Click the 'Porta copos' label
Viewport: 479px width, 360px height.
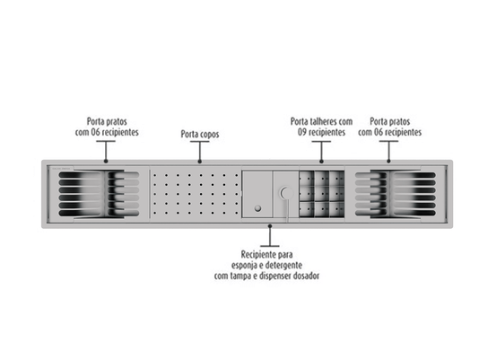coord(200,134)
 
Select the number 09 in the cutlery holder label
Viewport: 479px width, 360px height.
coord(301,132)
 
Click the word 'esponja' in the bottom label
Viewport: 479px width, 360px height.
coord(242,266)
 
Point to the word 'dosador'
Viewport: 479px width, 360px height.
coord(306,276)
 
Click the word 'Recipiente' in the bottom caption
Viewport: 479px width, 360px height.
coord(258,254)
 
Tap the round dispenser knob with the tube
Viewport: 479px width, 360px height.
coord(286,193)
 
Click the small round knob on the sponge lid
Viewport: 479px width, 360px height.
coord(257,208)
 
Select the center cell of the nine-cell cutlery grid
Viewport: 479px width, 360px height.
coord(322,194)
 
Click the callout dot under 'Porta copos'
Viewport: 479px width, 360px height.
coord(200,162)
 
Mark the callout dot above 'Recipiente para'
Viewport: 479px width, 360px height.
coord(270,226)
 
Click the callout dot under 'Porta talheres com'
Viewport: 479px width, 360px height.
coord(321,162)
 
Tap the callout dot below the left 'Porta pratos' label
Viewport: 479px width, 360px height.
coord(106,162)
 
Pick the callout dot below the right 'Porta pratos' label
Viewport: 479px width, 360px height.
coord(388,162)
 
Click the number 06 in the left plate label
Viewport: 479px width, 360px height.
coord(95,132)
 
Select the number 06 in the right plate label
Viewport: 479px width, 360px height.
coord(379,132)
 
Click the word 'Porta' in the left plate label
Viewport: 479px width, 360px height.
coord(95,121)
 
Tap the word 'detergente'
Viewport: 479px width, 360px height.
coord(284,265)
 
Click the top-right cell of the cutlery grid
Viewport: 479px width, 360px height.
coord(336,179)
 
